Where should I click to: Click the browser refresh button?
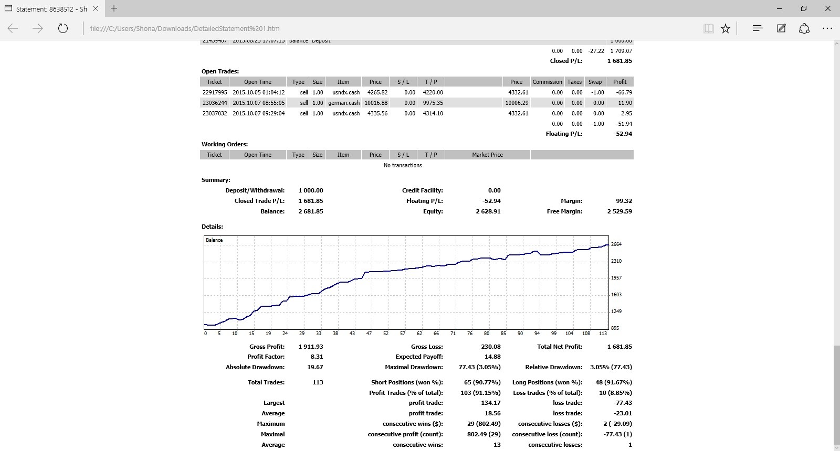pos(63,28)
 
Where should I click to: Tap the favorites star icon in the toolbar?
pos(726,28)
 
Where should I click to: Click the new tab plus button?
pos(114,8)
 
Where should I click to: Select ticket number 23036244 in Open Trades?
pos(215,103)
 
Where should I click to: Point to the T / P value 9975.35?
pos(433,103)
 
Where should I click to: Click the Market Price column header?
pos(487,155)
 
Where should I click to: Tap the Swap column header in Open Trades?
pos(595,82)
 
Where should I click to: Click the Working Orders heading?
pos(225,144)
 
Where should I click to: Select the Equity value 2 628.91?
pos(488,211)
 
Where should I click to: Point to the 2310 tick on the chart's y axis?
pos(616,261)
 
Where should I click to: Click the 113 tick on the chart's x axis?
pos(603,334)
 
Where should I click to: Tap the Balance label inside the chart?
pos(214,240)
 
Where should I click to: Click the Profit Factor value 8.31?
pos(317,357)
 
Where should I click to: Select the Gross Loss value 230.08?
pos(490,347)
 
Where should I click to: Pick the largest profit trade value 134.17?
pos(490,403)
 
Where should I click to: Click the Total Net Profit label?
pos(560,347)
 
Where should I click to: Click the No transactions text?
pos(403,165)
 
